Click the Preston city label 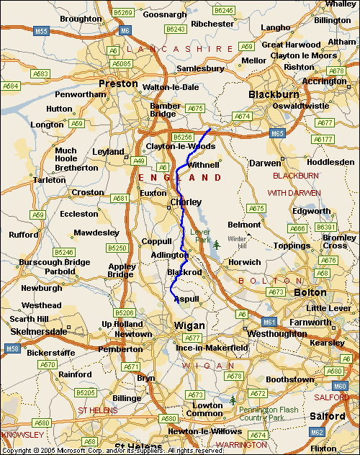coord(118,84)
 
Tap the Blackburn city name coord(273,94)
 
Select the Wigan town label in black coord(190,325)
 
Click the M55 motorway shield coord(41,31)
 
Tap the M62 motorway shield coord(316,432)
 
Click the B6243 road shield coord(175,29)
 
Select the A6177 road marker coord(323,140)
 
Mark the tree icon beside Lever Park coord(215,245)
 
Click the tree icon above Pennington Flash coord(233,400)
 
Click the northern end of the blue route coord(210,129)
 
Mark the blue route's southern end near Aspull coord(178,303)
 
